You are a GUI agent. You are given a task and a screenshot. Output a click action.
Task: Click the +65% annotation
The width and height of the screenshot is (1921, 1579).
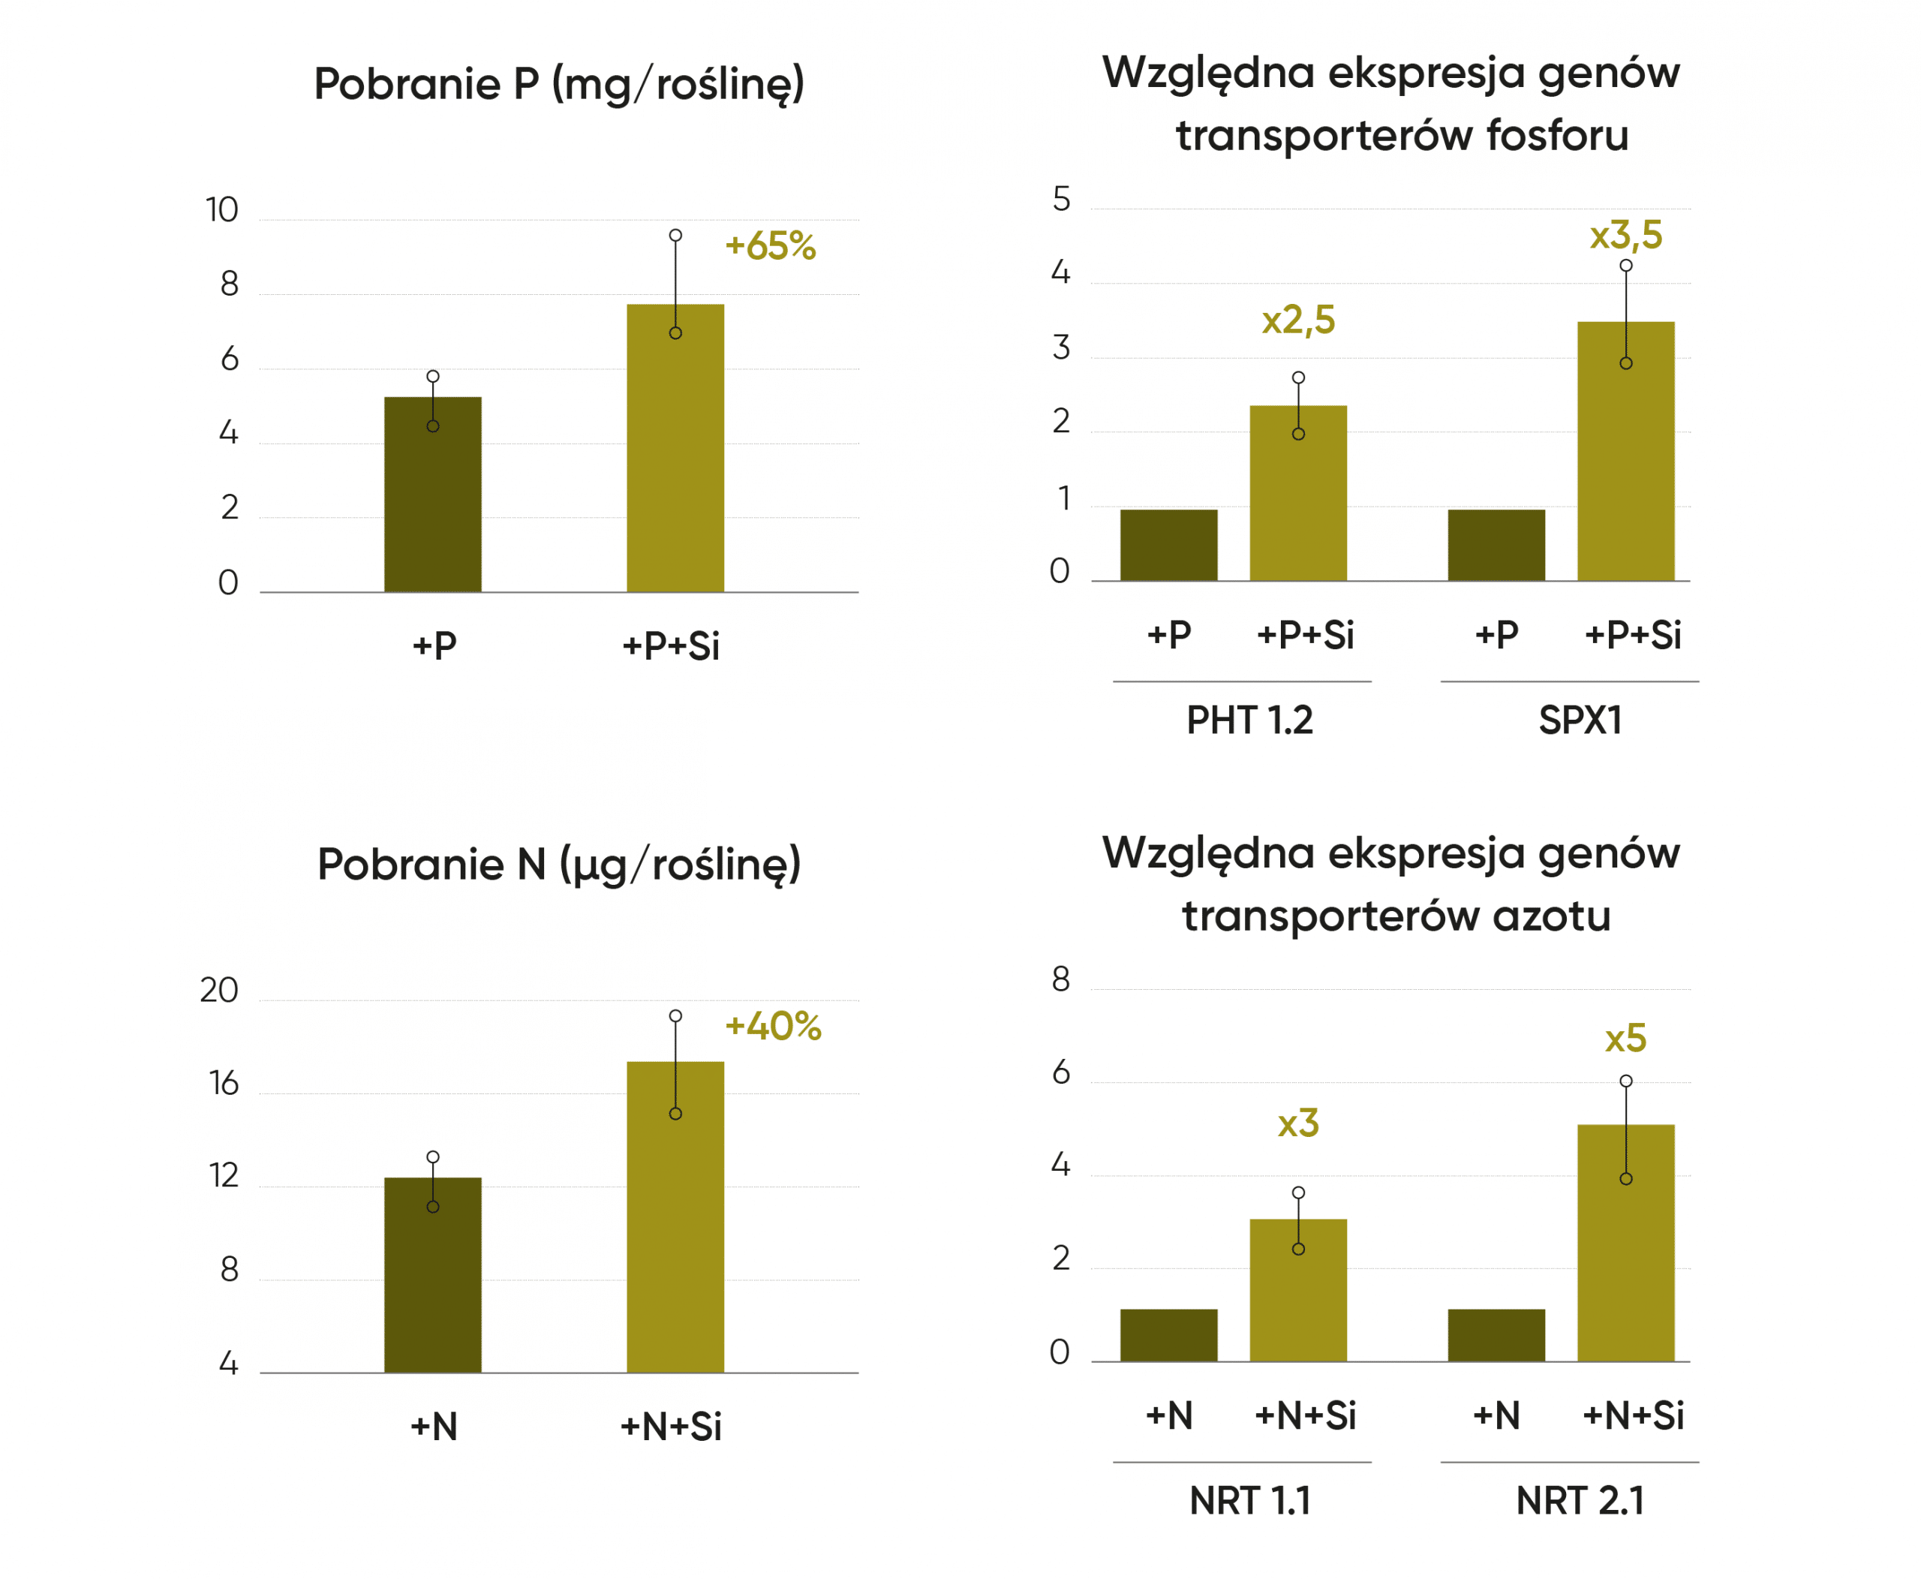point(769,245)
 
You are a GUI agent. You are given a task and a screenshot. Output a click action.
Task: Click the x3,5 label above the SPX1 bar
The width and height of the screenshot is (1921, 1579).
point(1625,236)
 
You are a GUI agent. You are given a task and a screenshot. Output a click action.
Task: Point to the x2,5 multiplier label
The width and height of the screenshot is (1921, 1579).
point(1298,320)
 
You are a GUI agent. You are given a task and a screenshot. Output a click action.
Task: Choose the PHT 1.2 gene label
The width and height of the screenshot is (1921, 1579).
point(1249,720)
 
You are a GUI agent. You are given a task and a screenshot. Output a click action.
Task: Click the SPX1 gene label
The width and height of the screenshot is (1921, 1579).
point(1580,720)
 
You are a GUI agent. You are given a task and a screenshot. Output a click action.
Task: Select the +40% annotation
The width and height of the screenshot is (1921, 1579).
point(772,1026)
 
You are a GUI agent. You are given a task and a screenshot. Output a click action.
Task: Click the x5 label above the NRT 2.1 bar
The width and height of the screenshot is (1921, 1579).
point(1625,1039)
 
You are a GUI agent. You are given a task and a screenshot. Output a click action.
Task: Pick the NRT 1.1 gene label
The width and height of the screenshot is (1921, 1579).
point(1249,1501)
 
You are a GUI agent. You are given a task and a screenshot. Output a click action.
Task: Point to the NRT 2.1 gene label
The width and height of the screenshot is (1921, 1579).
point(1580,1501)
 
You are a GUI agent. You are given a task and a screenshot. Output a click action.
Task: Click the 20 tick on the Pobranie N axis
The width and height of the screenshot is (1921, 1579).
point(219,990)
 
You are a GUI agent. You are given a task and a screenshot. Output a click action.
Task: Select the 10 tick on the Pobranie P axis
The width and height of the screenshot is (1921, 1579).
point(222,210)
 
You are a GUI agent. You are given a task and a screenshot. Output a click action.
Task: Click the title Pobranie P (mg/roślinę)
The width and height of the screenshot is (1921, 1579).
point(558,84)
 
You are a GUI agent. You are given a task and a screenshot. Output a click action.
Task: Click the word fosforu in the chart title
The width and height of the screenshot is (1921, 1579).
point(1557,136)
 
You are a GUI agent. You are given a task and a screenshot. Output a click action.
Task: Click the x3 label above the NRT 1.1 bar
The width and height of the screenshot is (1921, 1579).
point(1298,1124)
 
